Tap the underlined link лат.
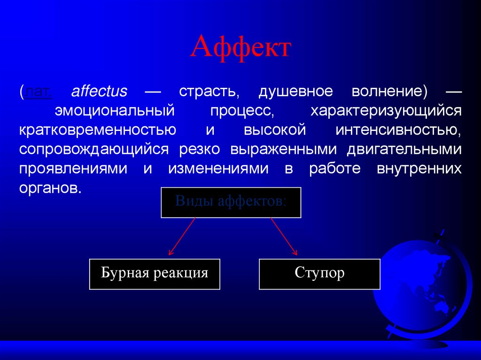[x=39, y=91]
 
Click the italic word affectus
[x=99, y=91]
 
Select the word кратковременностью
[x=98, y=130]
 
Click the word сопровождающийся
[x=94, y=149]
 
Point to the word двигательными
[x=404, y=149]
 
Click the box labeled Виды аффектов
[x=231, y=202]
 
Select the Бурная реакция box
[x=155, y=273]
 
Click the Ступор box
[x=319, y=273]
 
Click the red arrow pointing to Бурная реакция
[x=182, y=237]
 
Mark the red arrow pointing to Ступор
[x=284, y=237]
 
